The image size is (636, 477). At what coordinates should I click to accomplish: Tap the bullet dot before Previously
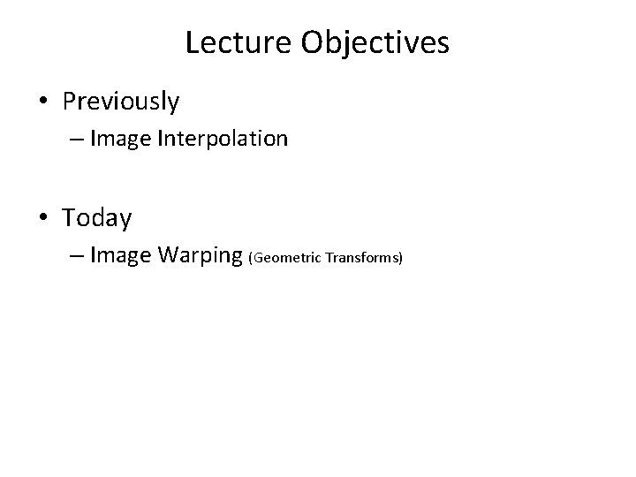(44, 102)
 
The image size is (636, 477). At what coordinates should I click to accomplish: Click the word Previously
(120, 102)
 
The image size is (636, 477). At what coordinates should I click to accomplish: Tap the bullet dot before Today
(44, 217)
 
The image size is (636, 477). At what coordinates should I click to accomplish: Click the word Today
(97, 217)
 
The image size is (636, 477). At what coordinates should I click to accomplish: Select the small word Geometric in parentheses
(286, 258)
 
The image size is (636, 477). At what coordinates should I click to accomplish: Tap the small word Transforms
(362, 258)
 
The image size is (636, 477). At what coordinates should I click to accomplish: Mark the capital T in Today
(69, 216)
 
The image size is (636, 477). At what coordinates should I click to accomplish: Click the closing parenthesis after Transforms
(401, 258)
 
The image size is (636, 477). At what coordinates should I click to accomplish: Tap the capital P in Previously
(69, 102)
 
